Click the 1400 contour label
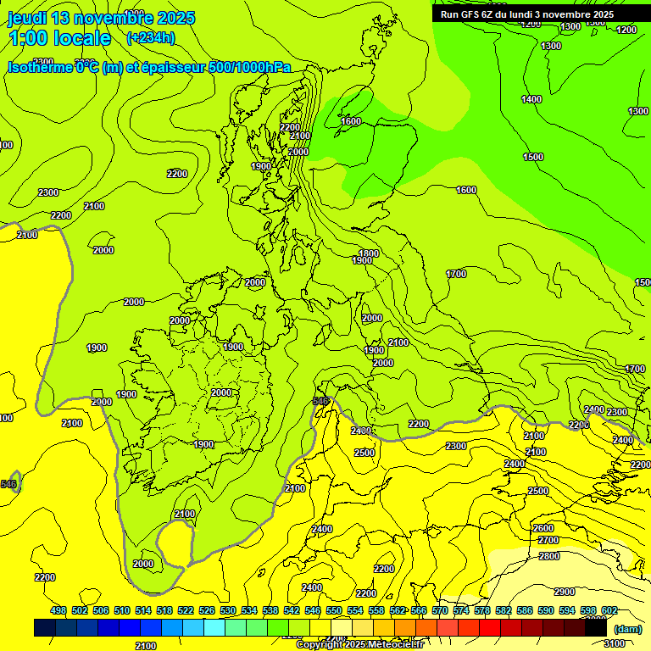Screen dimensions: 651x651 coord(531,99)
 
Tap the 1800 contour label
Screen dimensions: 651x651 coord(368,253)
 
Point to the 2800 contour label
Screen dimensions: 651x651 coord(548,556)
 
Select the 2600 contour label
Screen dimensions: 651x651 coord(543,528)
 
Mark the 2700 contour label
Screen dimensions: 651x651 coord(548,540)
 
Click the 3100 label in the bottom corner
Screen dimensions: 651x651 coord(615,643)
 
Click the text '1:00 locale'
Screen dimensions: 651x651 coord(59,38)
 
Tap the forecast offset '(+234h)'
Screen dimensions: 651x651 coord(151,38)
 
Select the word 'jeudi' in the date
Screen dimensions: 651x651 coord(28,18)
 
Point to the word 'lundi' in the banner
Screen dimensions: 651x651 coord(527,14)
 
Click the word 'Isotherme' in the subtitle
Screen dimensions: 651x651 coord(39,67)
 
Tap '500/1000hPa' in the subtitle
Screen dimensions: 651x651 coord(249,67)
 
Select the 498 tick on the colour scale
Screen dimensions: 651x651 coord(58,610)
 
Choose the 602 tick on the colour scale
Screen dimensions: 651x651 coord(609,610)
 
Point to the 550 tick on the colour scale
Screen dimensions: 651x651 coord(334,610)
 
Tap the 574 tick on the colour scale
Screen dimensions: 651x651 coord(461,610)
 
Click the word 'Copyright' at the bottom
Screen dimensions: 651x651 coord(321,644)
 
